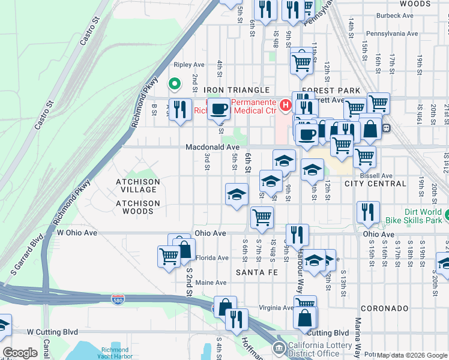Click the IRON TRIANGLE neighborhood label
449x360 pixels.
tap(236, 90)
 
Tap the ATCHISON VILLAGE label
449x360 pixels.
tap(138, 185)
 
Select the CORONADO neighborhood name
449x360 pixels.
tap(384, 308)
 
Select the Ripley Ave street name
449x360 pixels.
tap(189, 65)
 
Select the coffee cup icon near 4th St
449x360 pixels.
tap(220, 109)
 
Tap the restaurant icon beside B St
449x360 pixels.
tap(179, 109)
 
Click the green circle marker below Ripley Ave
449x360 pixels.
tap(175, 84)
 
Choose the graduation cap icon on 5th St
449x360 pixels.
tap(237, 194)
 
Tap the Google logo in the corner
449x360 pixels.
tap(20, 353)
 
